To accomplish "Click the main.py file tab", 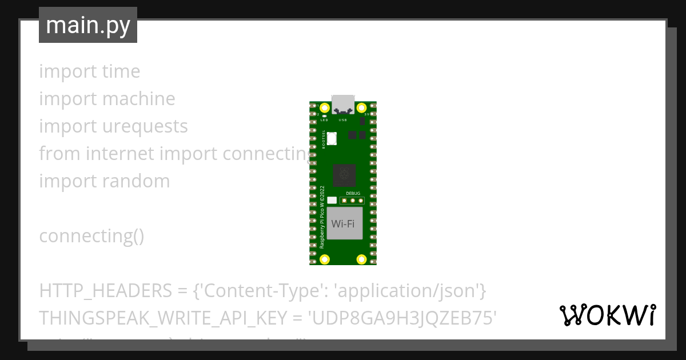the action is point(88,25).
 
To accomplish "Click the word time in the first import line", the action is point(121,71).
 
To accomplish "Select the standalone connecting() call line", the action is point(91,236).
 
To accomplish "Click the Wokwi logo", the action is point(608,315).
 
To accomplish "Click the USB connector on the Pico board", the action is point(343,103).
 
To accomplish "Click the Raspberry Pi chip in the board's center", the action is point(344,175).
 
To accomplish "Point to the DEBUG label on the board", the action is point(353,194).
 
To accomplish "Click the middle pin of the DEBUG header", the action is point(353,200).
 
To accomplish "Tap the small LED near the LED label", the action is point(324,116).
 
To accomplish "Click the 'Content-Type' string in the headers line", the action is point(258,291).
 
